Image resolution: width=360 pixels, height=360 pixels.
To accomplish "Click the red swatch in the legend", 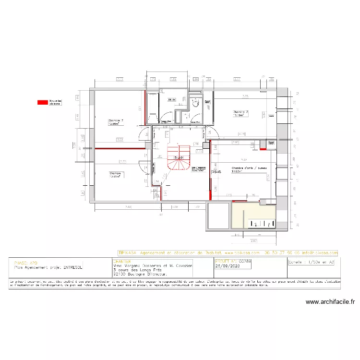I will point(43,102).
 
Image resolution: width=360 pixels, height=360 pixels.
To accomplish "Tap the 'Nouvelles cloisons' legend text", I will point(56,102).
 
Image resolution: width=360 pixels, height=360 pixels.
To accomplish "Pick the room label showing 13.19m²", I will point(240,113).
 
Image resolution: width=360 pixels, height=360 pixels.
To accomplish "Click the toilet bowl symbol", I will point(196,102).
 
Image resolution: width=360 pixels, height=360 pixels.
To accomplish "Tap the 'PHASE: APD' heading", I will point(26,263).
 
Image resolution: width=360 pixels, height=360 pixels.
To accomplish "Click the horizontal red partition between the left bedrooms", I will point(120,149).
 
